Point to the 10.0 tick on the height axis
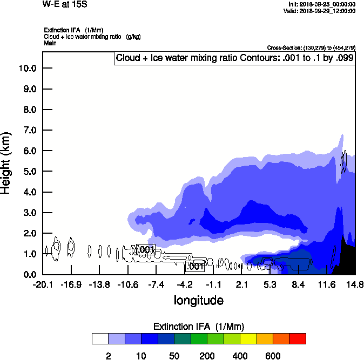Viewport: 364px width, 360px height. pos(27,68)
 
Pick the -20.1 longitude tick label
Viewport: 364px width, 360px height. pos(43,284)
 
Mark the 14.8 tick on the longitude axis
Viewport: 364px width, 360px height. pos(355,284)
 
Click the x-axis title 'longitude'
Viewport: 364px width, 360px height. pos(198,300)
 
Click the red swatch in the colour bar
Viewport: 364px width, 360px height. pos(298,338)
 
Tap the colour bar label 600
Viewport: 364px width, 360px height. pos(273,356)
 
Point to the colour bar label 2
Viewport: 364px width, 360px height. pos(108,356)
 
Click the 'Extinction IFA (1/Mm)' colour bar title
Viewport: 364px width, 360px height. pos(198,327)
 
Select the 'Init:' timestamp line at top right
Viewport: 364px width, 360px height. pos(322,4)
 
